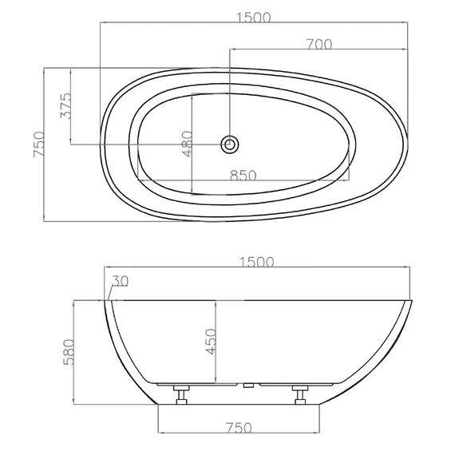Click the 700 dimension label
pyautogui.click(x=319, y=45)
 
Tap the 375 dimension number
pyautogui.click(x=65, y=106)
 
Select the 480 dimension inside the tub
pyautogui.click(x=188, y=144)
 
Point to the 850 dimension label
pyautogui.click(x=243, y=176)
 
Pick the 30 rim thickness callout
pyautogui.click(x=121, y=281)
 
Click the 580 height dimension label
pyautogui.click(x=69, y=352)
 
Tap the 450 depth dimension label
pyautogui.click(x=211, y=342)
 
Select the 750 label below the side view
pyautogui.click(x=239, y=428)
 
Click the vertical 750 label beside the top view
pyautogui.click(x=39, y=144)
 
